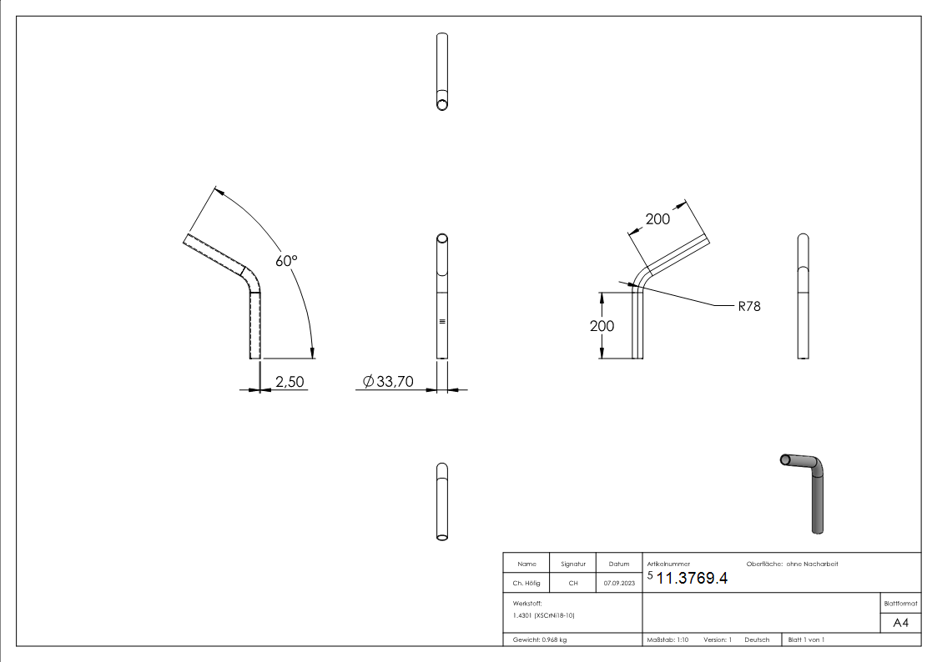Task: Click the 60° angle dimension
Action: (286, 261)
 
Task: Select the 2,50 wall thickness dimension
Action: (289, 382)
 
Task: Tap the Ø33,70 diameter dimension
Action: (390, 382)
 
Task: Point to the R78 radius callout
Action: (749, 306)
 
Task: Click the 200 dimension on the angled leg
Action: (657, 219)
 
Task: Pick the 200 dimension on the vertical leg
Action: (602, 326)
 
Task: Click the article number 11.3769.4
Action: (692, 579)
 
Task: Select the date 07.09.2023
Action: (618, 584)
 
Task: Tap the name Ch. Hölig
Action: (527, 584)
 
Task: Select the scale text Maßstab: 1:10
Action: (667, 639)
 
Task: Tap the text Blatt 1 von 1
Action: (806, 639)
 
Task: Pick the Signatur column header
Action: (572, 564)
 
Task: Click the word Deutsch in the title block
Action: (757, 639)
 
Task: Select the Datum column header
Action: (618, 564)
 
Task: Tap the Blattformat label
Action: (900, 603)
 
